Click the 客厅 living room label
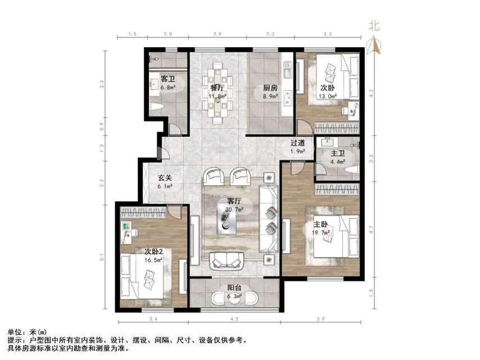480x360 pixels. pyautogui.click(x=234, y=201)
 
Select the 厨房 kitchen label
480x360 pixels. pyautogui.click(x=270, y=88)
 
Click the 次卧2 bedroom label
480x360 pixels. pyautogui.click(x=153, y=251)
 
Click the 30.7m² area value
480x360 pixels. pyautogui.click(x=234, y=209)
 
